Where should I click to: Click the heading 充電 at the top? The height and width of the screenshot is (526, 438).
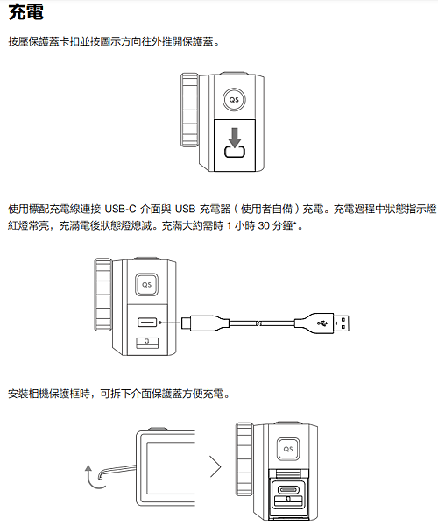tap(25, 12)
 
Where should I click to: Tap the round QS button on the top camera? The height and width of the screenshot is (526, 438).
tap(234, 100)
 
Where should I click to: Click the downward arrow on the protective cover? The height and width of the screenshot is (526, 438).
tap(235, 137)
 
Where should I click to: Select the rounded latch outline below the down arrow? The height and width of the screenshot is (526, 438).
tap(235, 152)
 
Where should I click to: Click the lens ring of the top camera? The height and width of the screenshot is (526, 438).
tap(189, 110)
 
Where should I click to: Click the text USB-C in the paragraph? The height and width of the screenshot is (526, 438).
tap(120, 209)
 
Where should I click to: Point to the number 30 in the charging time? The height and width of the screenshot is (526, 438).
tap(264, 226)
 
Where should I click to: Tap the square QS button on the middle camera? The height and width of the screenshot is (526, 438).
tap(147, 284)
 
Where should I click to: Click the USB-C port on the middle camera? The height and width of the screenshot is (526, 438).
tap(147, 323)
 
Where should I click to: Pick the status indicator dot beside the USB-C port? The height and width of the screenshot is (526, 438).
tap(160, 323)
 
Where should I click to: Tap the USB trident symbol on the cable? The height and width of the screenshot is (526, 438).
tap(322, 323)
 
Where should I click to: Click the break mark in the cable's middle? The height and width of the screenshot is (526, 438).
tap(258, 323)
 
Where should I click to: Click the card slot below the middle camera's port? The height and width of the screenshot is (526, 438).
tap(147, 343)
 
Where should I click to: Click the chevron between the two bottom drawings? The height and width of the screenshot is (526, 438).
tap(215, 466)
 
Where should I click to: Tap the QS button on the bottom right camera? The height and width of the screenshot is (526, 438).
tap(288, 449)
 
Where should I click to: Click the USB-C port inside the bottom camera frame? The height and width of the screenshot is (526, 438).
tap(288, 490)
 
